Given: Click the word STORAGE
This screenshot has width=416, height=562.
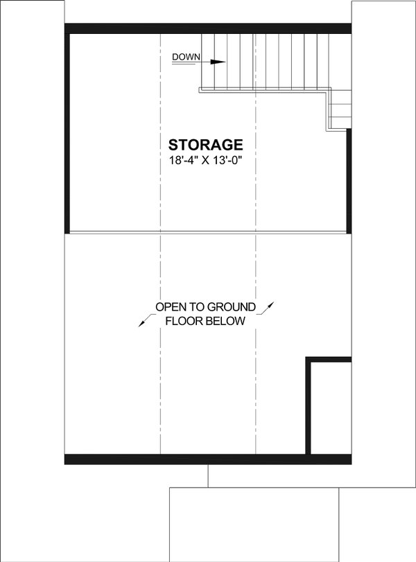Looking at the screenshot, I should pyautogui.click(x=205, y=145).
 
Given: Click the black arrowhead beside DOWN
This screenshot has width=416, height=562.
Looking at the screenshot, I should pyautogui.click(x=218, y=62).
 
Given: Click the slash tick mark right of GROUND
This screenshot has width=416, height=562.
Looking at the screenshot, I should pyautogui.click(x=270, y=306).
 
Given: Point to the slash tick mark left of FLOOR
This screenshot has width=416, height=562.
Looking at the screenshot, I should pyautogui.click(x=144, y=321).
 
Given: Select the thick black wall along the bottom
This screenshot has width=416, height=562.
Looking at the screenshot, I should pyautogui.click(x=187, y=459).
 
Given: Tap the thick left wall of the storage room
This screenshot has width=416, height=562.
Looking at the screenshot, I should pyautogui.click(x=67, y=132).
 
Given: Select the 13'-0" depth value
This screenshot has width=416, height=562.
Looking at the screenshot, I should pyautogui.click(x=234, y=159).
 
